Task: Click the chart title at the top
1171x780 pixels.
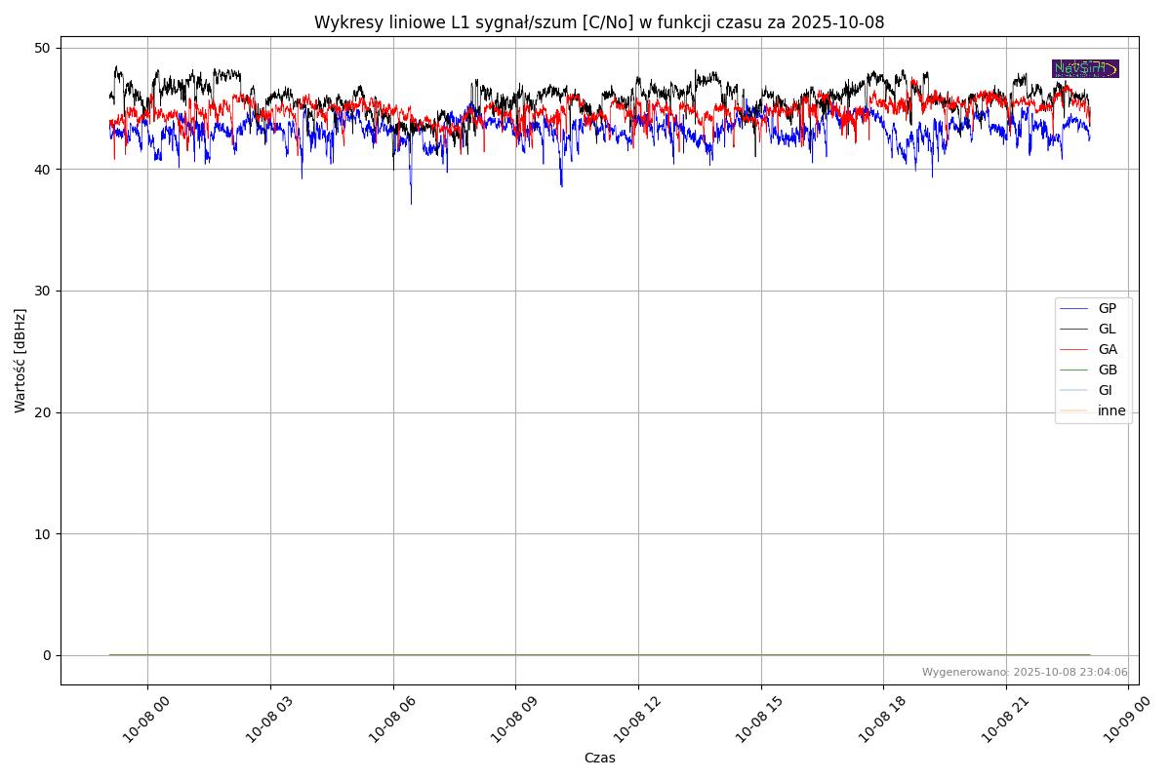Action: [x=599, y=22]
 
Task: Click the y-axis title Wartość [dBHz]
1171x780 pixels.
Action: [x=20, y=361]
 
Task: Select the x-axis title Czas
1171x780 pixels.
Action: [x=599, y=758]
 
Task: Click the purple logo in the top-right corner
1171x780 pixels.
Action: [x=1085, y=68]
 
